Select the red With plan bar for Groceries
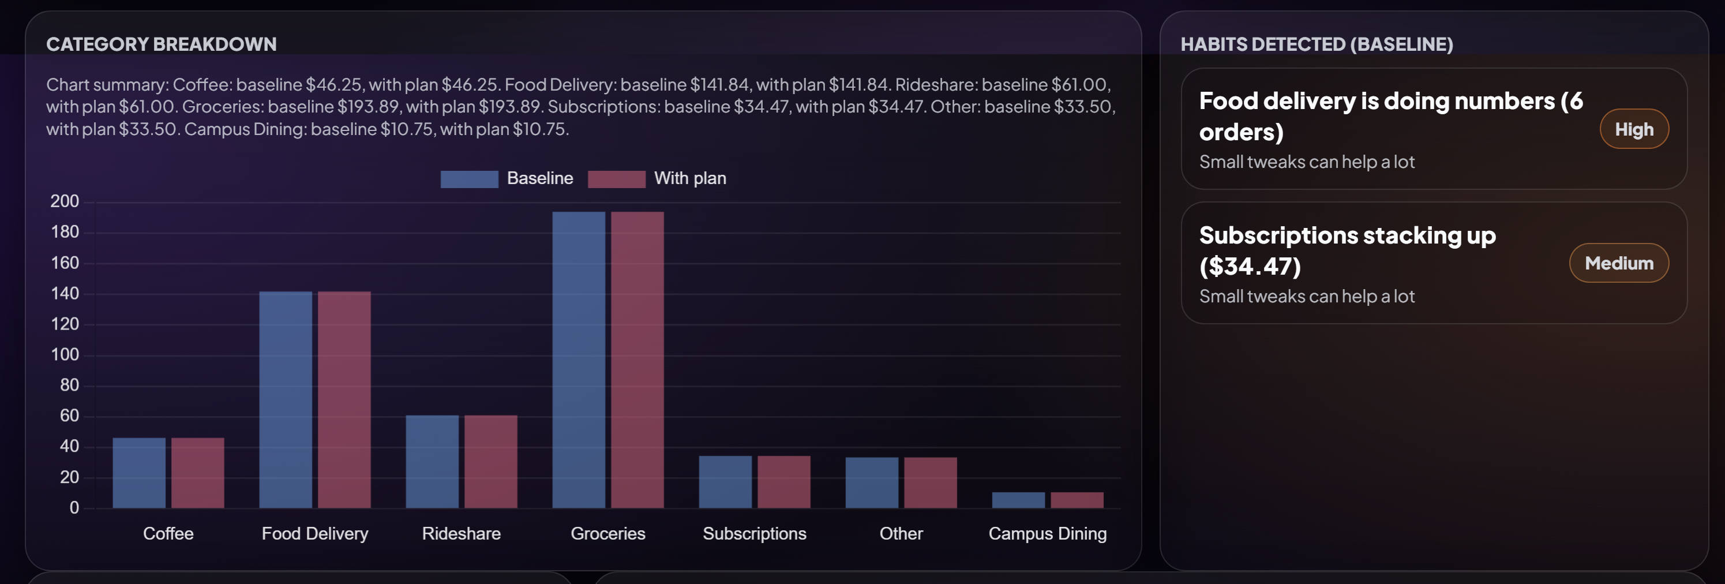[x=637, y=360]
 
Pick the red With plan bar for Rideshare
[x=490, y=462]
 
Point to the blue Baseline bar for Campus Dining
[x=1018, y=500]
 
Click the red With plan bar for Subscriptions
[x=783, y=482]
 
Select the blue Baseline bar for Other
[x=871, y=483]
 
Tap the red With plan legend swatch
[x=616, y=179]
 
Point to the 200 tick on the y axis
[x=65, y=201]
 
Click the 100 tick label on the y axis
[x=65, y=355]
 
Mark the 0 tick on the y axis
[x=74, y=508]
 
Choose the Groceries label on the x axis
[x=607, y=534]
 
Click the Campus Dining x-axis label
[x=1047, y=534]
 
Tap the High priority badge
[x=1633, y=129]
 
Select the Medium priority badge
[x=1618, y=263]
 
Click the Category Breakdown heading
[x=162, y=44]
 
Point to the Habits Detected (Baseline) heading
[x=1316, y=44]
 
